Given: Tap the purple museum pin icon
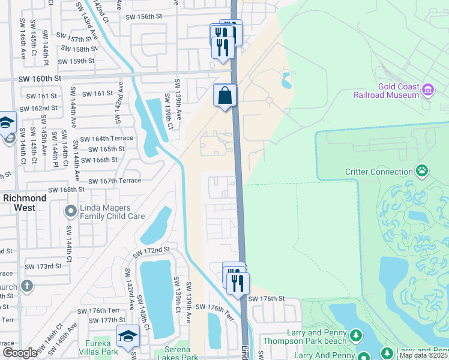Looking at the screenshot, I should (428, 90).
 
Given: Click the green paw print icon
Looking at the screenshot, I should (423, 172).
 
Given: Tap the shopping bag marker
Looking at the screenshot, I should (224, 95).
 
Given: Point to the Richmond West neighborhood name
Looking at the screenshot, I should (25, 203).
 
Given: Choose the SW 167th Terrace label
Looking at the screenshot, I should (115, 181).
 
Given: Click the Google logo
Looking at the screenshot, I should (20, 353).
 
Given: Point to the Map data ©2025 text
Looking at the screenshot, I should (423, 355).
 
